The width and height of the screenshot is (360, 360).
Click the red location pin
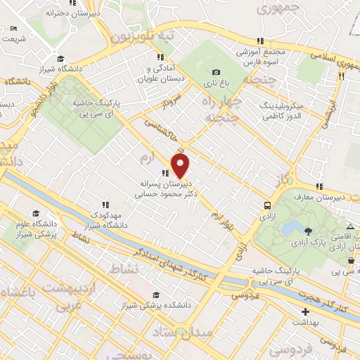point(181,167)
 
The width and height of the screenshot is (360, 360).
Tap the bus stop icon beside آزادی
point(267,205)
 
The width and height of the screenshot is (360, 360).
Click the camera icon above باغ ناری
point(216,72)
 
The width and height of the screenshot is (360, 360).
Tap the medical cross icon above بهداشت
point(305,311)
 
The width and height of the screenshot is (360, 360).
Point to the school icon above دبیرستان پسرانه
point(165,173)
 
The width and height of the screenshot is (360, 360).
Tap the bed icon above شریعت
point(15,29)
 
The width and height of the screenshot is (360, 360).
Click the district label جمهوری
point(279,9)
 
